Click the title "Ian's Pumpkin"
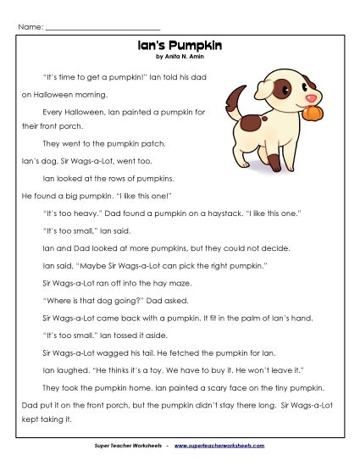(x=180, y=47)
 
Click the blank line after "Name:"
(x=102, y=27)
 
